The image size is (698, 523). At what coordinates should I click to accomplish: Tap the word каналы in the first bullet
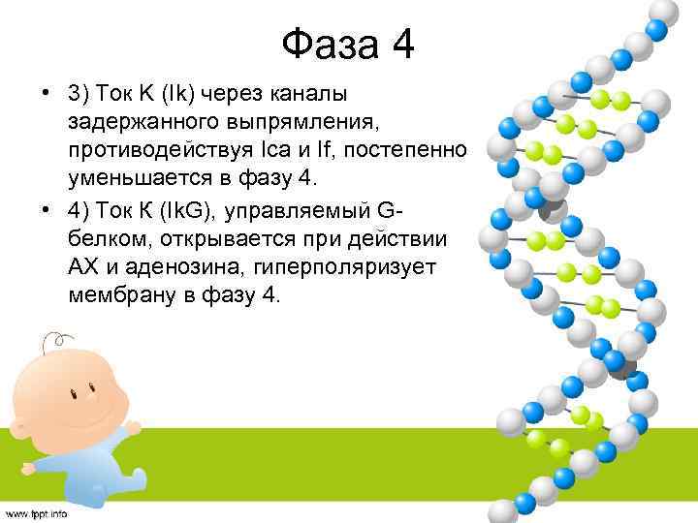tap(318, 95)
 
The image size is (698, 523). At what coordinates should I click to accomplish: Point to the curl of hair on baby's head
tap(60, 340)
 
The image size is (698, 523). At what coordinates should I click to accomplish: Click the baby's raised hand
tap(125, 432)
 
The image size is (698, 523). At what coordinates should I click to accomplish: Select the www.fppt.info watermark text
tap(36, 514)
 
